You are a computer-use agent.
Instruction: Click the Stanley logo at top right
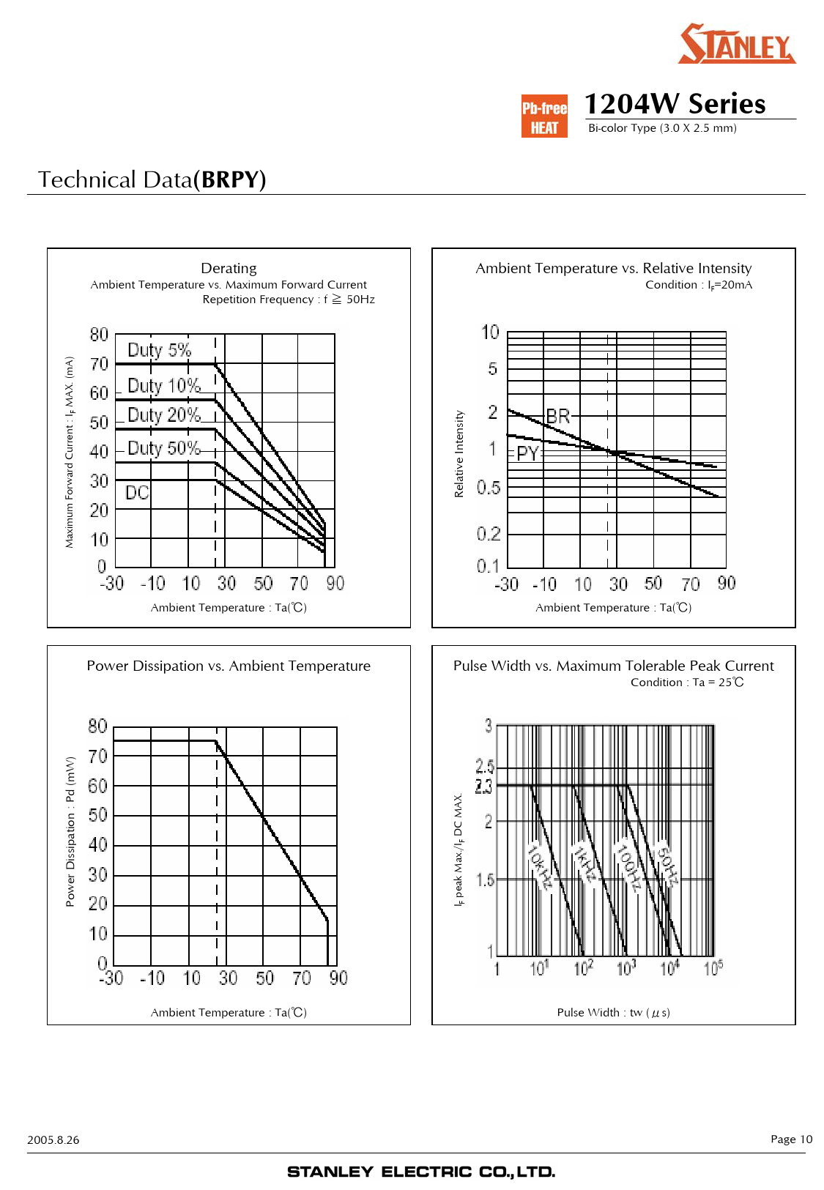coord(736,44)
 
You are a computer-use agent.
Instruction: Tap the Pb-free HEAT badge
coord(544,116)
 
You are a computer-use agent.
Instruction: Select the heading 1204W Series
coord(675,104)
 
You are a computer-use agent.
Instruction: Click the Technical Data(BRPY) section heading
coord(152,179)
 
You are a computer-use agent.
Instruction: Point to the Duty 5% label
coord(159,350)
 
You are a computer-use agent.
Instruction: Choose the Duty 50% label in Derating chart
coord(163,448)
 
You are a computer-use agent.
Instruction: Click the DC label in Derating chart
coord(137,493)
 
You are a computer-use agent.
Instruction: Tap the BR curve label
coord(558,417)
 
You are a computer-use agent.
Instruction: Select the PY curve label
coord(528,453)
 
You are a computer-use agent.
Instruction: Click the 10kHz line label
coord(540,866)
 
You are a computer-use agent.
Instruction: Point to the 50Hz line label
coord(668,866)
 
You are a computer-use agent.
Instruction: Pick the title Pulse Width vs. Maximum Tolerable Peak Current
coord(613,666)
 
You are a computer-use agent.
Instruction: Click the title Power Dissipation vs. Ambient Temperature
coord(229,666)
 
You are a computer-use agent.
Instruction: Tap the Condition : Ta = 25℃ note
coord(687,683)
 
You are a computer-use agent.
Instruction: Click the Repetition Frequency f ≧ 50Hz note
coord(289,300)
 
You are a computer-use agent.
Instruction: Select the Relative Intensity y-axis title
coord(459,454)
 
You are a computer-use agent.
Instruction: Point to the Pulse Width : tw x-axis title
coord(613,1013)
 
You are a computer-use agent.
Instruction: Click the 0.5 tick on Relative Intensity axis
coord(489,488)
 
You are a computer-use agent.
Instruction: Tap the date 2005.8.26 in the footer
coord(53,1139)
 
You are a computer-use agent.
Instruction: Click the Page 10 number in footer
coord(791,1139)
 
